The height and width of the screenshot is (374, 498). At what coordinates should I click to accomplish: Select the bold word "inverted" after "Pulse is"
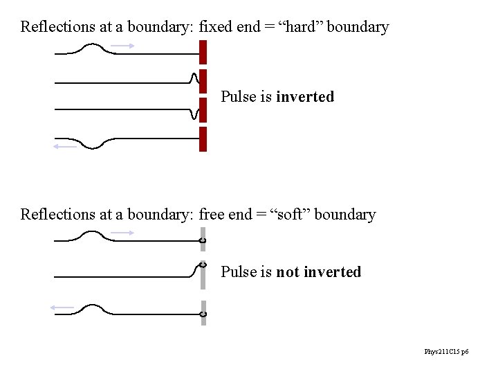tap(305, 97)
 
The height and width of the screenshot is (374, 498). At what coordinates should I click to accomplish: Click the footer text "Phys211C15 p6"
tap(446, 353)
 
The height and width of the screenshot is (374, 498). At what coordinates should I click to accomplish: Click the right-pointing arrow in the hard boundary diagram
tap(123, 46)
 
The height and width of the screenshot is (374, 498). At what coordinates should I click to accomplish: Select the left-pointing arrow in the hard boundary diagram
tap(65, 146)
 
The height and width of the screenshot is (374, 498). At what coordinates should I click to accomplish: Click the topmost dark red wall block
tap(203, 51)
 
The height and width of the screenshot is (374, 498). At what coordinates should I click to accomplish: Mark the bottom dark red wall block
tap(203, 139)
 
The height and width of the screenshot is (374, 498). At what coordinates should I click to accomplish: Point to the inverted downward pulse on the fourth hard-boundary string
tap(92, 143)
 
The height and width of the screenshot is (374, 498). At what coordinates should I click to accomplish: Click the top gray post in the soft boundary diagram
tap(203, 239)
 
